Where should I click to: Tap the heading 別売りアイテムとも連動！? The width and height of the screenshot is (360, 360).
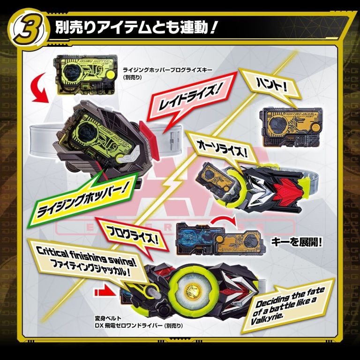pos(135,28)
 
